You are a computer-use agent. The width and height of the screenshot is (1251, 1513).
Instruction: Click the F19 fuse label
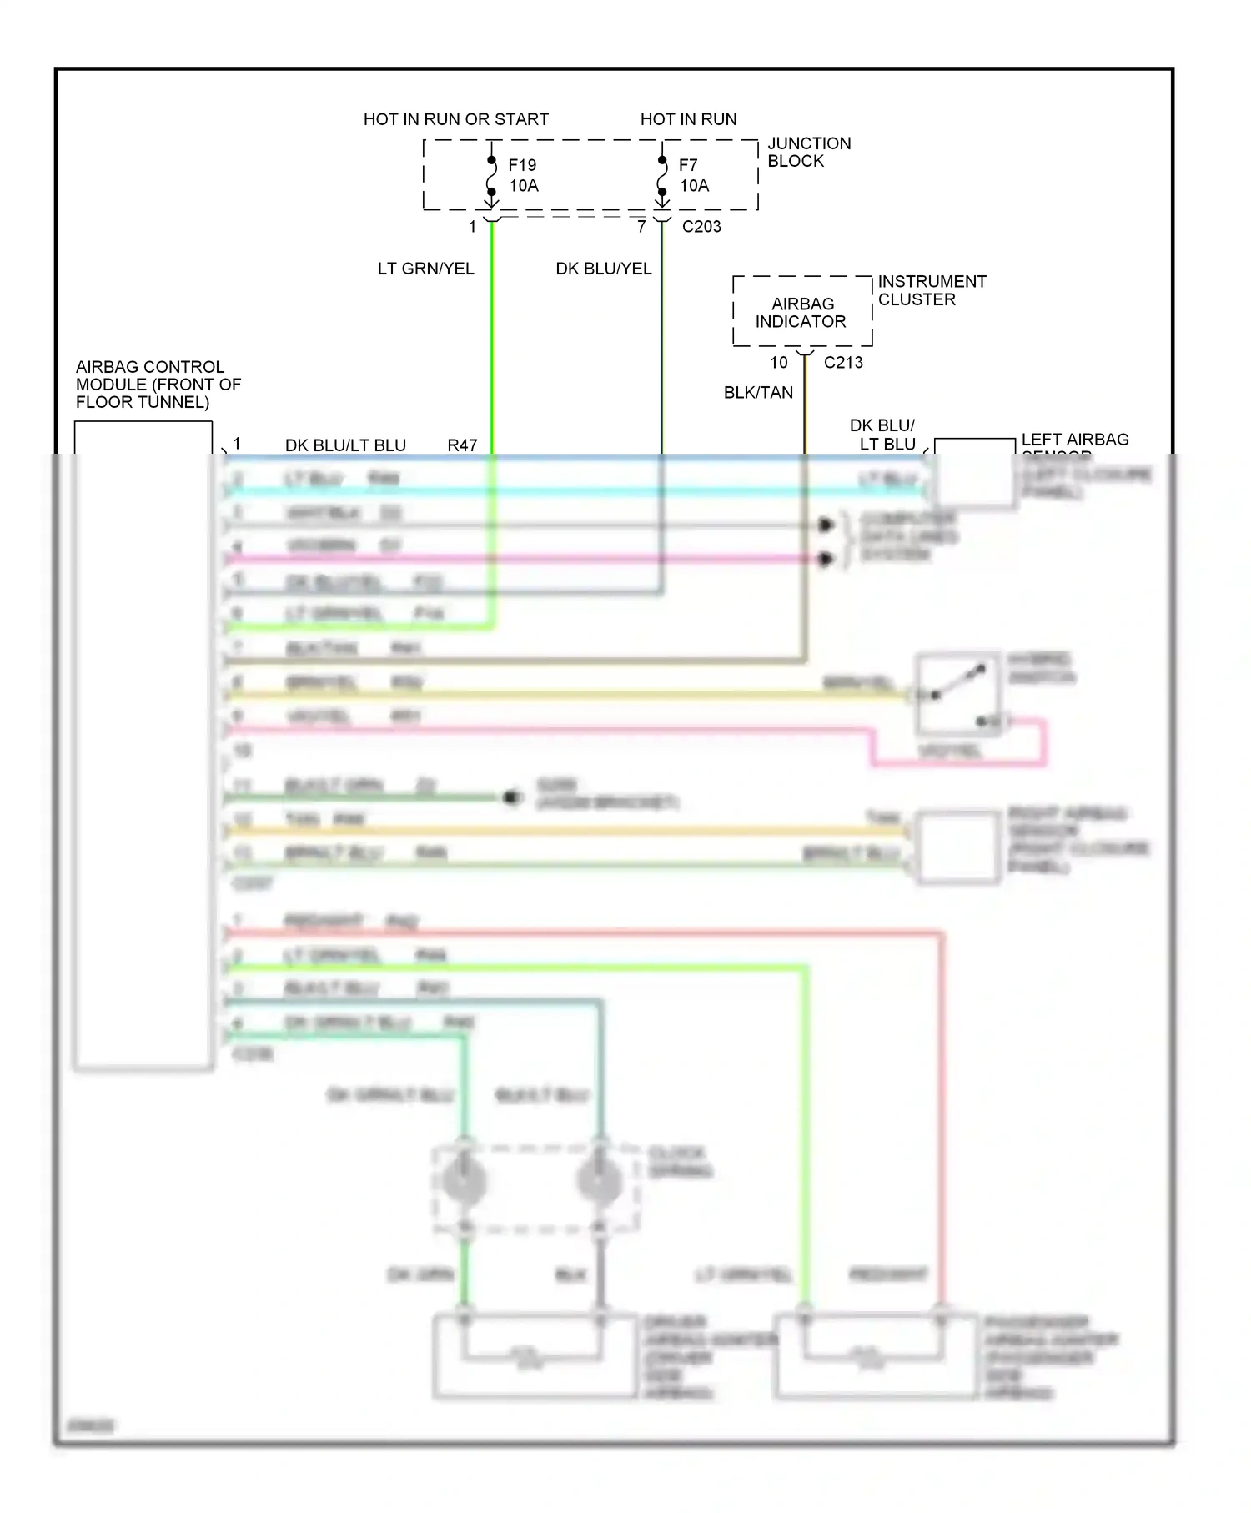click(522, 165)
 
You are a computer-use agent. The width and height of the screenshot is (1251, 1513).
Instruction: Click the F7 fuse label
click(688, 165)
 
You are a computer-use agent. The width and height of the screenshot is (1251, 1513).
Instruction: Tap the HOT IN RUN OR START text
click(455, 119)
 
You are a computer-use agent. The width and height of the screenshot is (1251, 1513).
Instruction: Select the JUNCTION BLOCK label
click(808, 152)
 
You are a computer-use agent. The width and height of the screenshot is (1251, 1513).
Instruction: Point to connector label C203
click(701, 226)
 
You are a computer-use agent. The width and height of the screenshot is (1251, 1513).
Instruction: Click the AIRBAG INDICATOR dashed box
click(801, 312)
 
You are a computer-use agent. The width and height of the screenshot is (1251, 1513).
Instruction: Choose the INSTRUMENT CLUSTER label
click(931, 290)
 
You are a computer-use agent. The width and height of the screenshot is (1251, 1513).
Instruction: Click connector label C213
click(843, 362)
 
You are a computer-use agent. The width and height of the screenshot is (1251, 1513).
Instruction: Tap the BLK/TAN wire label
click(758, 392)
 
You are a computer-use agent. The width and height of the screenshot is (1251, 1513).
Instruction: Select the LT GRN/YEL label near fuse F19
click(425, 269)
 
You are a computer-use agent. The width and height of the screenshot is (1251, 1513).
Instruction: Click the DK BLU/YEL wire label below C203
click(603, 269)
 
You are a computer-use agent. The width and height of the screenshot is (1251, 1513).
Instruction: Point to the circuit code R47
click(462, 445)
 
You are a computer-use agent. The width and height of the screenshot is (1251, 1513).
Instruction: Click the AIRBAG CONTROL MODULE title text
click(158, 384)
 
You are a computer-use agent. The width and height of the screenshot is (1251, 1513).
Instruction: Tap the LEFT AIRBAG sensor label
click(1074, 440)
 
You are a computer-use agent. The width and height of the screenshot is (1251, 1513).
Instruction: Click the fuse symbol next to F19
click(491, 177)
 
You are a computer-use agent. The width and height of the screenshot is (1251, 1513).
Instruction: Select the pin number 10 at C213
click(778, 362)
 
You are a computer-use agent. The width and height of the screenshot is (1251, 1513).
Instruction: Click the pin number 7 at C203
click(641, 226)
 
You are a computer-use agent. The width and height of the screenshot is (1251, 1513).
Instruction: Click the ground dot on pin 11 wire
click(511, 798)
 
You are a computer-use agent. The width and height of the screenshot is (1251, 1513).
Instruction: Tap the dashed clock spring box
click(535, 1188)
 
